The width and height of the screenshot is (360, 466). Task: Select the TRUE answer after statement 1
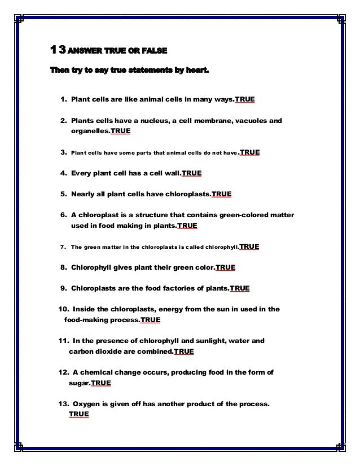click(245, 100)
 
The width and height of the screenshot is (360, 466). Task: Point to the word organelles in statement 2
click(89, 131)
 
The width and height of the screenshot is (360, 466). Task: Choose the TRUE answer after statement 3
click(250, 152)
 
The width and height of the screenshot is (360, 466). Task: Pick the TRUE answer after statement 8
click(226, 267)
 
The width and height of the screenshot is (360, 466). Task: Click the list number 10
click(63, 309)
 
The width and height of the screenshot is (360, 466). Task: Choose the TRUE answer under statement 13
click(78, 414)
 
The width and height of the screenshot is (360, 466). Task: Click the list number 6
click(62, 216)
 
